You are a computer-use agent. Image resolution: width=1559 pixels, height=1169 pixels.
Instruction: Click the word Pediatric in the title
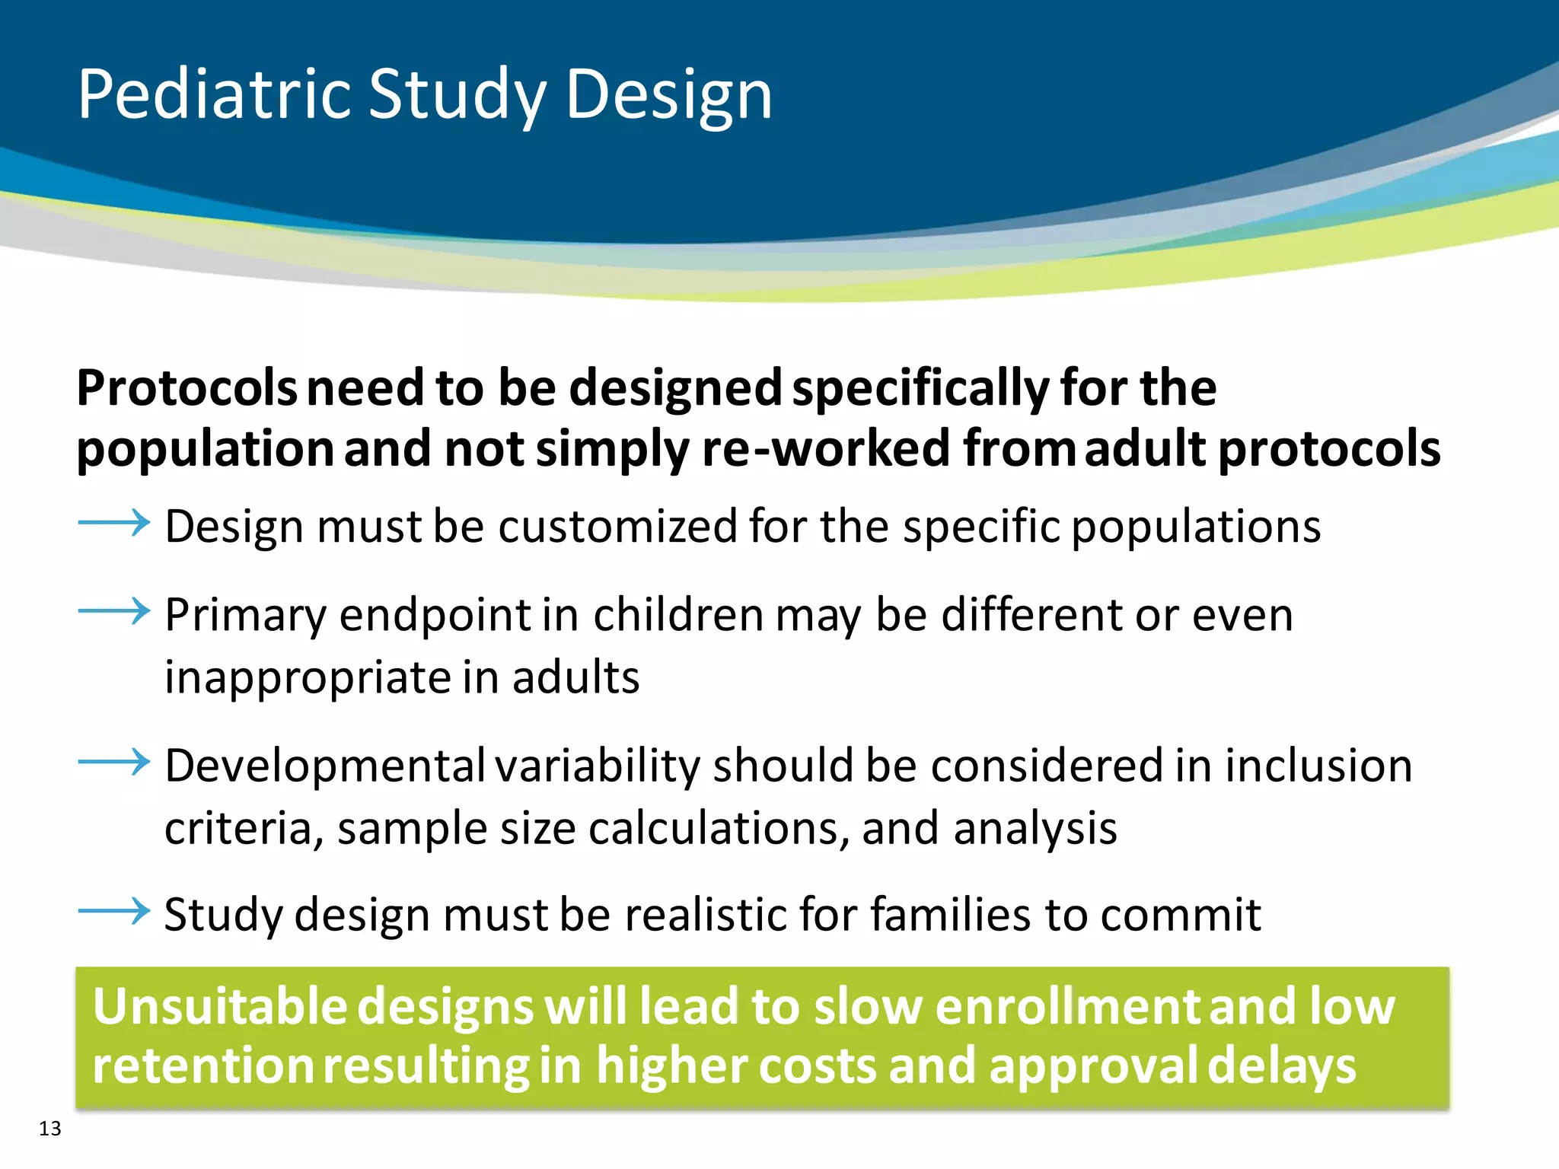click(x=214, y=94)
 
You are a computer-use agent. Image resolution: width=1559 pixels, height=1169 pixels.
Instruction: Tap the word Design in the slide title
click(x=668, y=96)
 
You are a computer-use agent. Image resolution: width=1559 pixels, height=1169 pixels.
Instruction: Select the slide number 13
click(x=49, y=1129)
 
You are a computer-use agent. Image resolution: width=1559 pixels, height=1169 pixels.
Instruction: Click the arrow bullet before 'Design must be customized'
click(x=114, y=523)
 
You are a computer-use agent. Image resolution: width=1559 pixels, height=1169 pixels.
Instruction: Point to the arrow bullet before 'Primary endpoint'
click(x=114, y=610)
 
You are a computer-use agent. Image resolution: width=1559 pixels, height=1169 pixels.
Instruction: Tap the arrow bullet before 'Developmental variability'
click(x=114, y=761)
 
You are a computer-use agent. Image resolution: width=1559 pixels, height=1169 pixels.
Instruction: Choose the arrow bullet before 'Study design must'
click(x=114, y=910)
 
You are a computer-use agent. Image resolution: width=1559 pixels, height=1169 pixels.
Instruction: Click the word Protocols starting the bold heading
click(x=187, y=388)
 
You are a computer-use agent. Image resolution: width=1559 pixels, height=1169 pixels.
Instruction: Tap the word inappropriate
click(x=307, y=677)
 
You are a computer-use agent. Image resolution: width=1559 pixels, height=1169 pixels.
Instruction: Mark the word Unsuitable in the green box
click(x=219, y=1006)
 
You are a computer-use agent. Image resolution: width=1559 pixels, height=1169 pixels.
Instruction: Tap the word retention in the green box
click(x=202, y=1065)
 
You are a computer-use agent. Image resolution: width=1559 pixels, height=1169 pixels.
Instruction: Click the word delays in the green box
click(x=1281, y=1065)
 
